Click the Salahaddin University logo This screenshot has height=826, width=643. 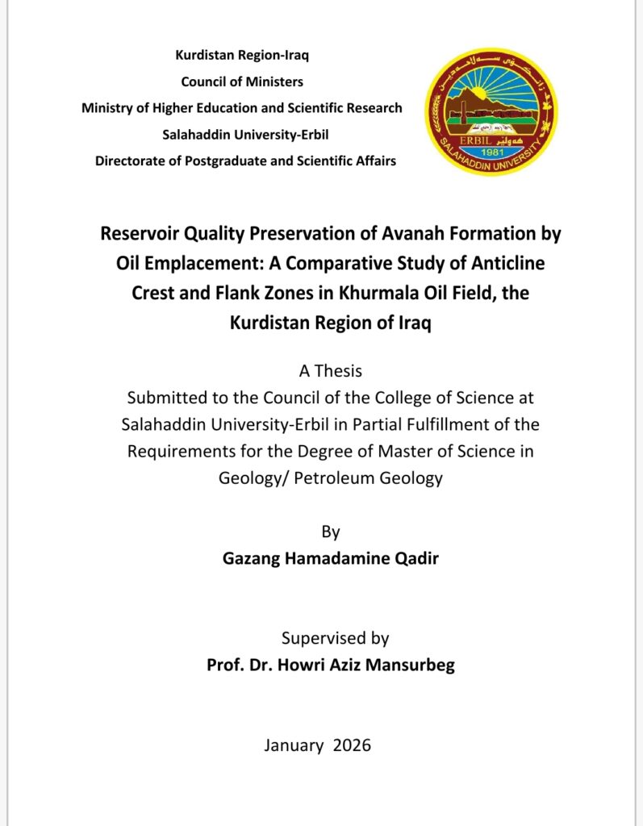491,111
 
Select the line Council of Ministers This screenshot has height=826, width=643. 242,81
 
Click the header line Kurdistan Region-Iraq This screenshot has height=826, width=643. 242,56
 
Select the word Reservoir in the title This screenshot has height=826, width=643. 142,234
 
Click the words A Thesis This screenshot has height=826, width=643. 330,371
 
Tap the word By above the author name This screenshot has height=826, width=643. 331,532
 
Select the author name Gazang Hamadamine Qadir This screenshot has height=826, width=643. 331,558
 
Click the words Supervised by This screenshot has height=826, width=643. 335,638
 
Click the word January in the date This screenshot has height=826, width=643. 294,745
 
